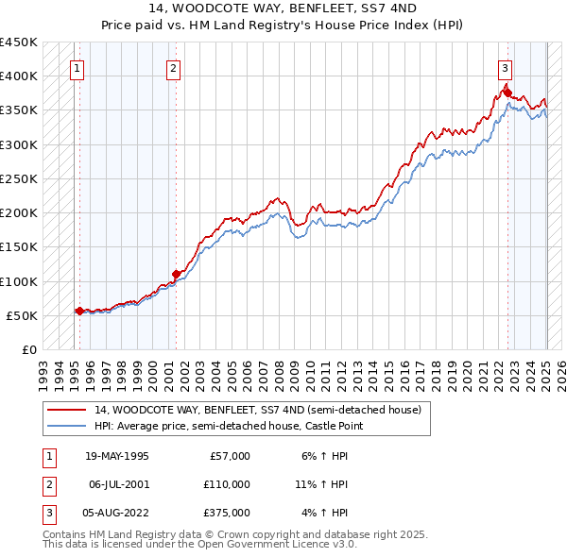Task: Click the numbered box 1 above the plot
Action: coord(76,67)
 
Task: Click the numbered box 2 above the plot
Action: coord(174,67)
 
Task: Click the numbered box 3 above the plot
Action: coord(506,67)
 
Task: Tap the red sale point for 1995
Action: coord(78,311)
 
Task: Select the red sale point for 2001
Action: coord(176,274)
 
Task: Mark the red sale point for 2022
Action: coord(507,92)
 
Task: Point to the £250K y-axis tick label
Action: coord(19,178)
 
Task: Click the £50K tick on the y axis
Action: coord(22,315)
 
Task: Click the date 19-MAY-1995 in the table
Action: coord(117,456)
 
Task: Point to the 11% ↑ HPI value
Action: coord(321,484)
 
